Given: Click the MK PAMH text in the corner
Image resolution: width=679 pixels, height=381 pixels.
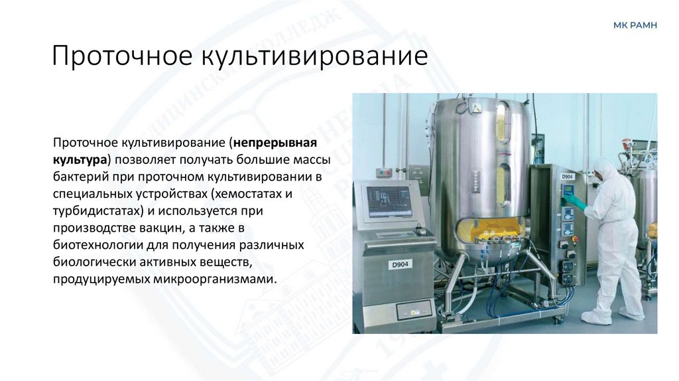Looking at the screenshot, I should pyautogui.click(x=635, y=25).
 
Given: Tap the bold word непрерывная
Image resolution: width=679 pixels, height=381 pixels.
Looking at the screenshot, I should pyautogui.click(x=275, y=143).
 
